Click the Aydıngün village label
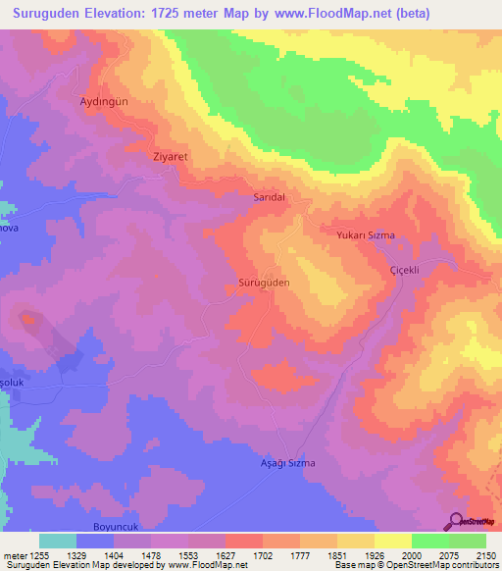104,101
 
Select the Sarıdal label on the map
269,196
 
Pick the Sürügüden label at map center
265,282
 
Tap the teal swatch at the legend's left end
57,541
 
